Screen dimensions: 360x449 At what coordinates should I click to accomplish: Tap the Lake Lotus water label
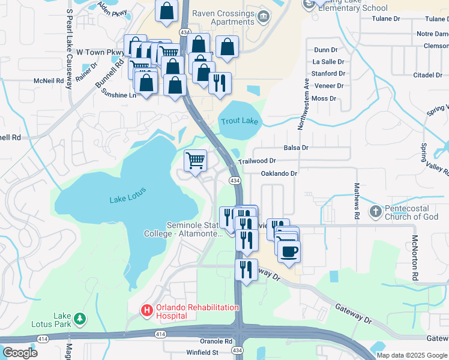pyautogui.click(x=128, y=199)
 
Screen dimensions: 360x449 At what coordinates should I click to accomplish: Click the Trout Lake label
pyautogui.click(x=239, y=121)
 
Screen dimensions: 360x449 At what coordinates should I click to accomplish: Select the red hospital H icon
pyautogui.click(x=146, y=310)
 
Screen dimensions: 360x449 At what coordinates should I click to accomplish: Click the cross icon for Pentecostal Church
pyautogui.click(x=375, y=211)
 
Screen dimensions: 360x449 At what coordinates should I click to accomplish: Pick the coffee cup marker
pyautogui.click(x=288, y=251)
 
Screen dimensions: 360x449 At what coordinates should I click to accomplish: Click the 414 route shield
pyautogui.click(x=160, y=333)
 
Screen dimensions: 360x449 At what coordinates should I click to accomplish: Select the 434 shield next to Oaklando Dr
pyautogui.click(x=234, y=181)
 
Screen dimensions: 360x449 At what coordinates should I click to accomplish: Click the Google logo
pyautogui.click(x=20, y=352)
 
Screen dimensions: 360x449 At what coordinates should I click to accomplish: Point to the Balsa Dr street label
pyautogui.click(x=295, y=148)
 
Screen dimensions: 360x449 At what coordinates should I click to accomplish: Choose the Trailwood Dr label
pyautogui.click(x=256, y=161)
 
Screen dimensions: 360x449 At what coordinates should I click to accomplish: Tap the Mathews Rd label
pyautogui.click(x=357, y=201)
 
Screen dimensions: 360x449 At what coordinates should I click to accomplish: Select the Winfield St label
pyautogui.click(x=202, y=352)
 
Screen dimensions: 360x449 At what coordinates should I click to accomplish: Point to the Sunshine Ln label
pyautogui.click(x=118, y=94)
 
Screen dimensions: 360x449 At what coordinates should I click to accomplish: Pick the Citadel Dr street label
pyautogui.click(x=427, y=75)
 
